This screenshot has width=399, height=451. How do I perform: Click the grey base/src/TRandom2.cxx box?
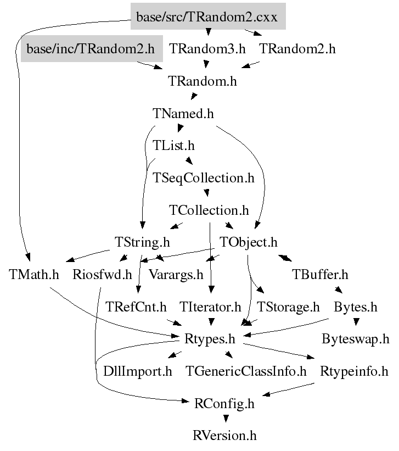click(207, 18)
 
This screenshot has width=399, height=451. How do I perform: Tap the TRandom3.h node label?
click(207, 49)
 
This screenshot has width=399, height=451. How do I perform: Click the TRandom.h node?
click(202, 81)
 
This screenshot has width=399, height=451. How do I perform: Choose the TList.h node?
click(173, 146)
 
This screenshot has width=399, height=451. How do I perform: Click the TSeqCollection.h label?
click(204, 179)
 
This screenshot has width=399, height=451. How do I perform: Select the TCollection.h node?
click(209, 210)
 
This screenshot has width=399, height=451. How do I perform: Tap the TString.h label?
click(142, 242)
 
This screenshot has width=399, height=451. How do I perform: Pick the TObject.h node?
click(249, 242)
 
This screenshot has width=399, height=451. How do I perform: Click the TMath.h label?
click(34, 275)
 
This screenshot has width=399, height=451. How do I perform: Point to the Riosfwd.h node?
click(103, 275)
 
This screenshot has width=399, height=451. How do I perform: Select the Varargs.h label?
click(176, 275)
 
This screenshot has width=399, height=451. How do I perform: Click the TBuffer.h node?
click(320, 275)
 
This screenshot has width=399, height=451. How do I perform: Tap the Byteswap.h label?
click(356, 339)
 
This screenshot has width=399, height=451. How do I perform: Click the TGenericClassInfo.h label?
click(246, 371)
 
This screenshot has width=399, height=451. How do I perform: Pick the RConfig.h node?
click(224, 404)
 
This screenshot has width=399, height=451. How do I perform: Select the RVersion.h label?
click(224, 436)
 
